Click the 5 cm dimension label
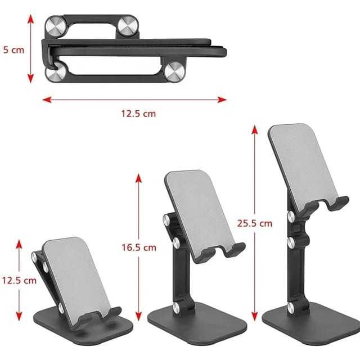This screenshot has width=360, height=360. [13, 50]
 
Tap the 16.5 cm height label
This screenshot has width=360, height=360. [139, 247]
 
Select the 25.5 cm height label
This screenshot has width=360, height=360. [255, 223]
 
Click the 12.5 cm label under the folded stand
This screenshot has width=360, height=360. [138, 114]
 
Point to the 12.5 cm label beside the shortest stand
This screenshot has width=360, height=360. [19, 280]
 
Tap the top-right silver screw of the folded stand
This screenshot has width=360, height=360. [128, 25]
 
